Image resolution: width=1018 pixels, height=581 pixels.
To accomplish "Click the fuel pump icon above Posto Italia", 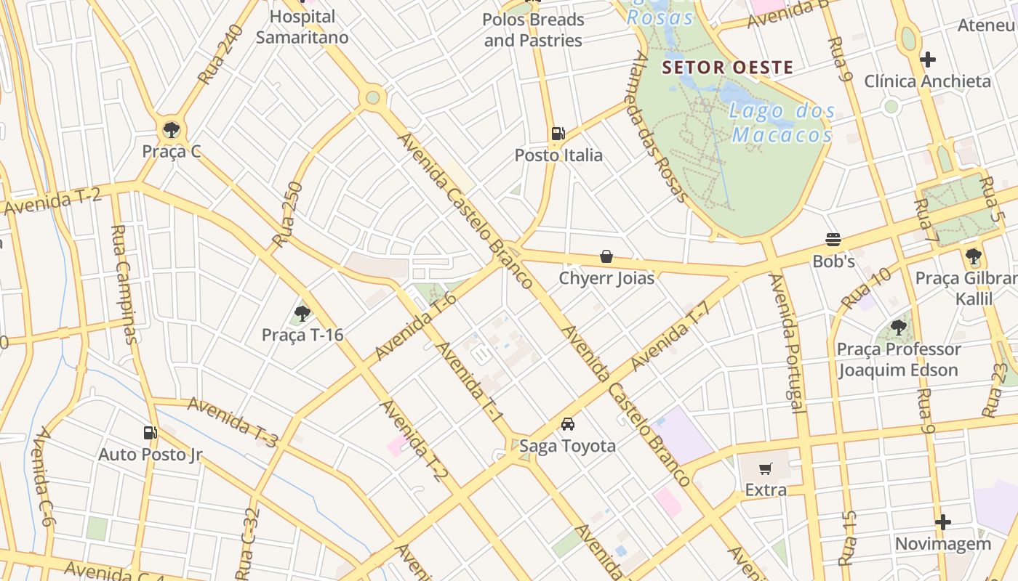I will (x=558, y=133).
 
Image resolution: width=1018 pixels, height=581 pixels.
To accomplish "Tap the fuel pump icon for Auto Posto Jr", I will (x=150, y=433).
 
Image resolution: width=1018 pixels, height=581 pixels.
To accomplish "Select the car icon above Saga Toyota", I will (x=567, y=424).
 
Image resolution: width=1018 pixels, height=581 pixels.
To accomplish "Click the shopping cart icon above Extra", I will (x=765, y=469).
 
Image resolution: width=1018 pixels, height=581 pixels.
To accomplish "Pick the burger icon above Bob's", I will (x=833, y=240).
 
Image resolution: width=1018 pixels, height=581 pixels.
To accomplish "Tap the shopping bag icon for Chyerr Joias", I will (x=606, y=256).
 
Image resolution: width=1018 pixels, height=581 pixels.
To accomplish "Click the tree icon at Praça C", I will (x=172, y=130).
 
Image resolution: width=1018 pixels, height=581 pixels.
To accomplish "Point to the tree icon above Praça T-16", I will (x=302, y=314).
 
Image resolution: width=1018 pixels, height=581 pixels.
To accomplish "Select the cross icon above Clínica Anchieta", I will (x=927, y=59).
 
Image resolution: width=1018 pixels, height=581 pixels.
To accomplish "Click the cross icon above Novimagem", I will (x=942, y=522).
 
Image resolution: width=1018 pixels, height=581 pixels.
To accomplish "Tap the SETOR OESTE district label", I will (x=727, y=68).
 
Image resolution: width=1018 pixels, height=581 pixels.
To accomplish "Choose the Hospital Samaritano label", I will (x=302, y=27).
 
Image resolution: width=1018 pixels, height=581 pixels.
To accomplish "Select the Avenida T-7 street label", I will (x=670, y=335).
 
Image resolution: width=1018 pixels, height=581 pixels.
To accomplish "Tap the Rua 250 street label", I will (x=286, y=214).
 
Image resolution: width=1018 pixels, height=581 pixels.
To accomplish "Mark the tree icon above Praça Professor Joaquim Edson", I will (x=899, y=328).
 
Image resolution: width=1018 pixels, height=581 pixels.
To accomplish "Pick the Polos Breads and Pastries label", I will (x=533, y=30).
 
